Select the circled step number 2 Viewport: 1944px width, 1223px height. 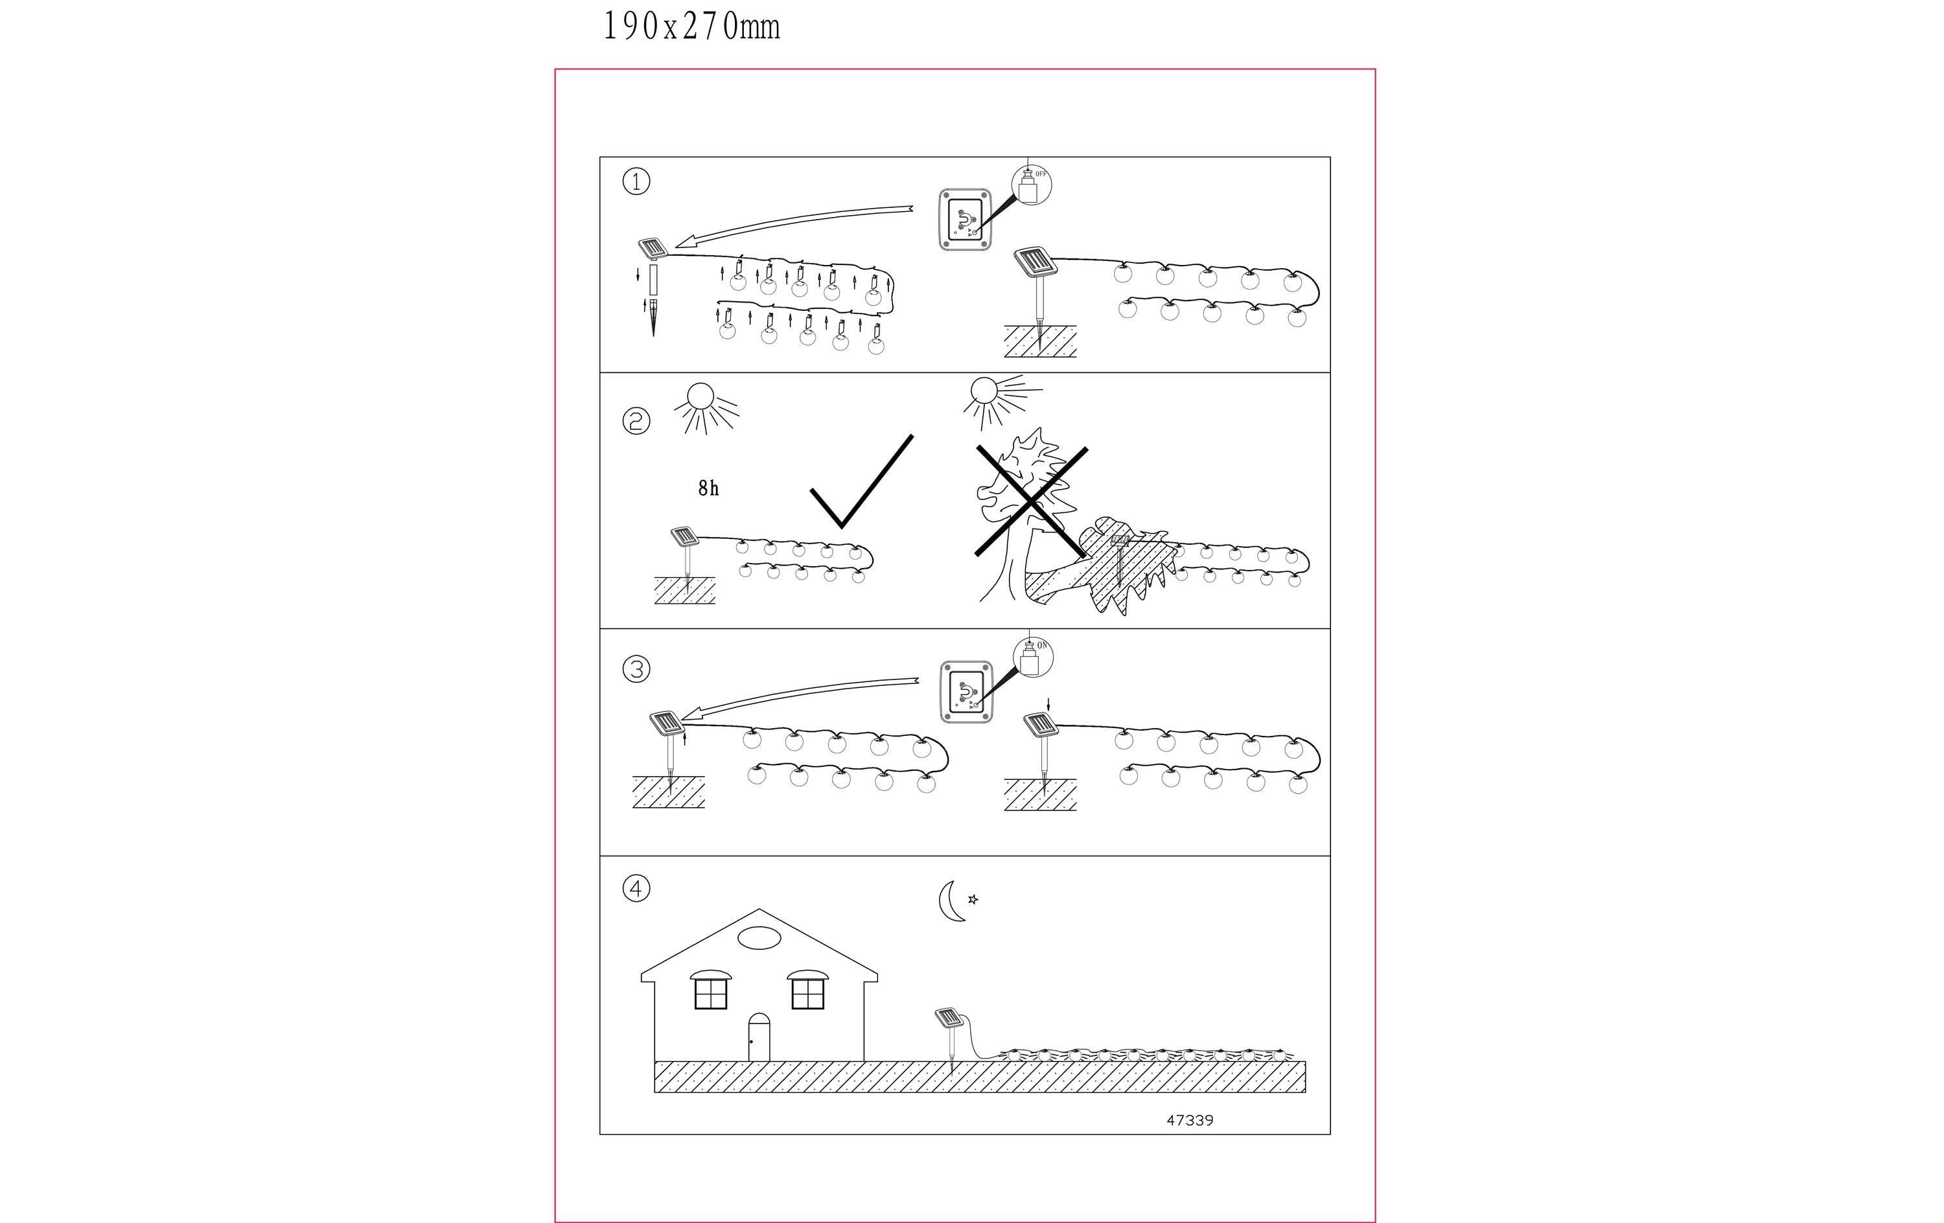click(636, 422)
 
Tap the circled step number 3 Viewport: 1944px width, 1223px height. click(636, 669)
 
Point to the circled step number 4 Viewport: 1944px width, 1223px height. click(636, 889)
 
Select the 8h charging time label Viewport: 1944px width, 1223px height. click(708, 488)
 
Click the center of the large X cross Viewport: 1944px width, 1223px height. click(1031, 501)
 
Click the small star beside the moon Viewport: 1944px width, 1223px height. click(973, 899)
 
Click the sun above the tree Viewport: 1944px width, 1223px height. click(998, 398)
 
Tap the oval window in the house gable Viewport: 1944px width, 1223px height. click(759, 938)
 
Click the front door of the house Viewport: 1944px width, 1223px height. click(759, 1037)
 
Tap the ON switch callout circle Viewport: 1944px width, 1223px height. click(1034, 656)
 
